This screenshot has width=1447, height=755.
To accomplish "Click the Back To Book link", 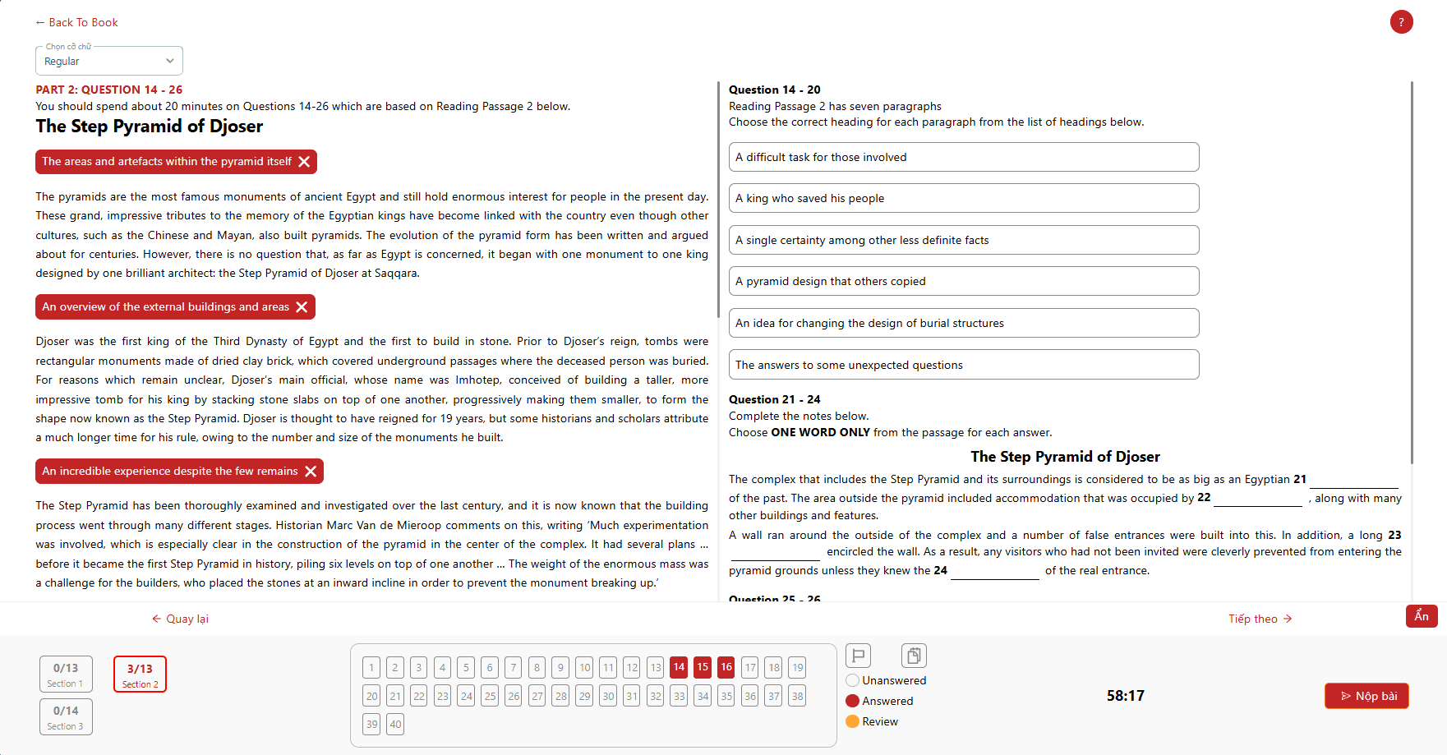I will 77,22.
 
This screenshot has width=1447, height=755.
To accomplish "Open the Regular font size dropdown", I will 108,61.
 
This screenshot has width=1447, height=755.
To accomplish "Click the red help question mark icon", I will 1401,22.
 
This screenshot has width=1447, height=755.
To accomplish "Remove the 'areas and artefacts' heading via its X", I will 304,162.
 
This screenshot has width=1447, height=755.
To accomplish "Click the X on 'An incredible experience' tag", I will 311,472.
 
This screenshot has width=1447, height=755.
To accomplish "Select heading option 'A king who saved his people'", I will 963,198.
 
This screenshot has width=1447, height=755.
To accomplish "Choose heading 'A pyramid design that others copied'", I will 963,281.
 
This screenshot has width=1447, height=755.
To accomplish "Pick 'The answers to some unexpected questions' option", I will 963,365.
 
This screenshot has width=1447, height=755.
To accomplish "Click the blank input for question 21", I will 1353,480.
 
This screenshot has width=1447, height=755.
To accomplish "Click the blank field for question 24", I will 994,571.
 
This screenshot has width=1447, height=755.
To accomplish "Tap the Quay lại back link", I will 181,619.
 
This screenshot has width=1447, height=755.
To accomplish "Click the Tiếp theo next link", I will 1260,619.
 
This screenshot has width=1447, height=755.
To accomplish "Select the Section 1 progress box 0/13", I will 66,674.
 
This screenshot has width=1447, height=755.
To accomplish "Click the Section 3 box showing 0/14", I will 66,716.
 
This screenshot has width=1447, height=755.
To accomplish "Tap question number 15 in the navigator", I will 703,667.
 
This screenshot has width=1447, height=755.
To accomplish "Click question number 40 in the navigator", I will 395,724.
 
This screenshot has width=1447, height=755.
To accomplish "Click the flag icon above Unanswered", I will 858,655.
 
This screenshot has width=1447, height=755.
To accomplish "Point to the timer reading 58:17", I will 1125,696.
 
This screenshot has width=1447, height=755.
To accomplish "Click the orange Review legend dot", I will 852,721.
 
